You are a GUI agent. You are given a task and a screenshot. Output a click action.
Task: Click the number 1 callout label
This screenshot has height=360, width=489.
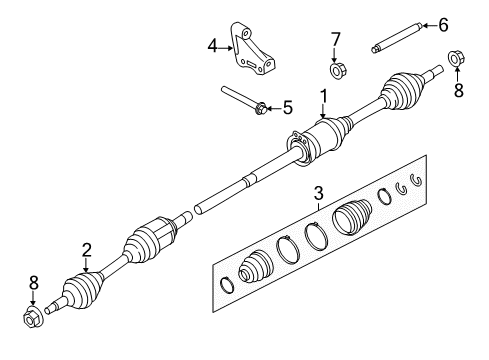tap(323, 95)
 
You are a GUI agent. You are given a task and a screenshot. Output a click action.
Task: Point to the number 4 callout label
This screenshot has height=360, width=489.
tap(212, 44)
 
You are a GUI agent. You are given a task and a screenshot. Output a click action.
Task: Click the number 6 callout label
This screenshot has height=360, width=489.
tap(443, 24)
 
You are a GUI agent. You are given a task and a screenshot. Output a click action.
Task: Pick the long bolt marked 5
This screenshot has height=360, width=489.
tap(244, 99)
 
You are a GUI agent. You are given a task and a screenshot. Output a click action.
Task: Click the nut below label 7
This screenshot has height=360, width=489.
tap(337, 70)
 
